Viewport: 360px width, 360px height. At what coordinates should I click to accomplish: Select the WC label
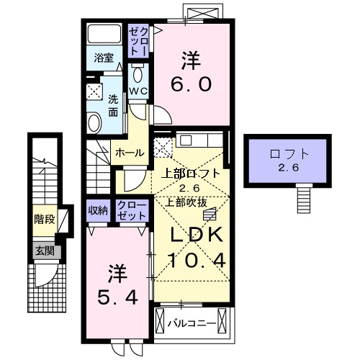[138, 91]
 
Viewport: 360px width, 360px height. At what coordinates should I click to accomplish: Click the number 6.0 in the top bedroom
[191, 84]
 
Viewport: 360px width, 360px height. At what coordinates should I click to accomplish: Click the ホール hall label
[130, 153]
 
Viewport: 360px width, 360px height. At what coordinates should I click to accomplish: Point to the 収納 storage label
[99, 210]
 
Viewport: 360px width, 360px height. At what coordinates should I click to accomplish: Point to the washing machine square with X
[95, 91]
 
